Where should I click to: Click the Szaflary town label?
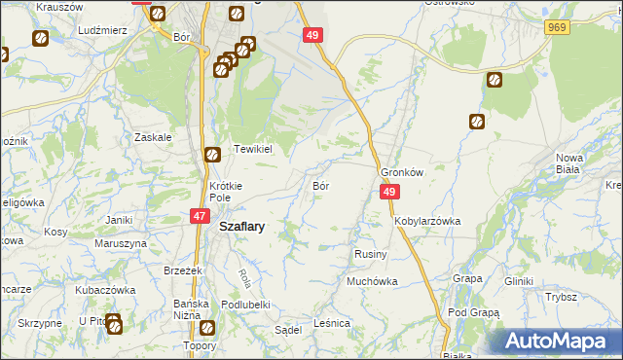point(243,225)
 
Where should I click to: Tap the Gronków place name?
point(403,172)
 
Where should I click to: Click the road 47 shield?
point(200,217)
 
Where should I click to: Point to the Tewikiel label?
point(250,150)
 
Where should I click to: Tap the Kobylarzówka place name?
point(427,221)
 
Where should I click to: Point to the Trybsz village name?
point(562,298)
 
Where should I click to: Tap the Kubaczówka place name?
point(104,290)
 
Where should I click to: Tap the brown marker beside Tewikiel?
point(212,155)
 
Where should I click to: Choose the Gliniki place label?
point(519,281)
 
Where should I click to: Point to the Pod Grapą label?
point(474,313)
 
